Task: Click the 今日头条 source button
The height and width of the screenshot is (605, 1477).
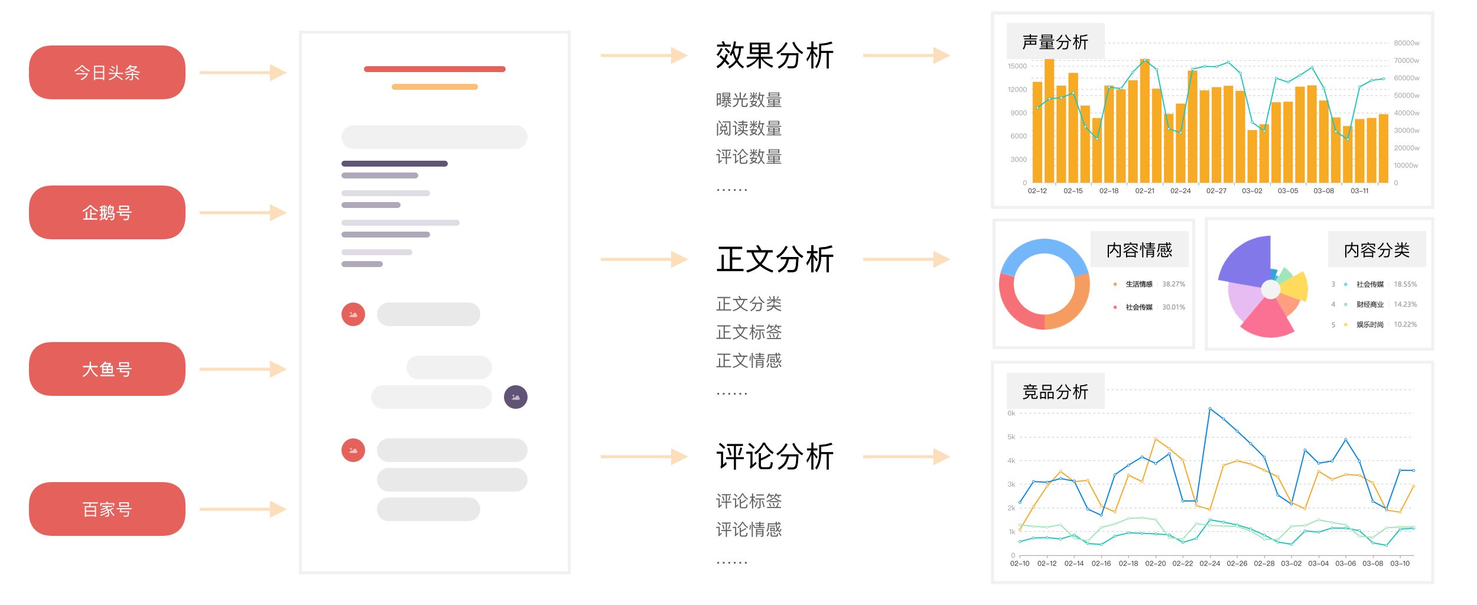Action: (x=107, y=72)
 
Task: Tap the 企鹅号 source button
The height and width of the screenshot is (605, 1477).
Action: (x=107, y=212)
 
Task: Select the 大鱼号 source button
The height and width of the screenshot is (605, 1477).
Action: (x=107, y=369)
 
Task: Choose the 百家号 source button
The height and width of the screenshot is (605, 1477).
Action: (x=107, y=509)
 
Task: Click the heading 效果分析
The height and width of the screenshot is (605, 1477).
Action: (x=775, y=56)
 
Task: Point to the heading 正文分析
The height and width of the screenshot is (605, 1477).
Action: (x=775, y=259)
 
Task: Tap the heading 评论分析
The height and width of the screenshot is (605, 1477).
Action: (x=775, y=457)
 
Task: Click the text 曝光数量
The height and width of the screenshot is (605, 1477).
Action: (x=749, y=100)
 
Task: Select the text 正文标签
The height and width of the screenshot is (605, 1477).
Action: (x=749, y=332)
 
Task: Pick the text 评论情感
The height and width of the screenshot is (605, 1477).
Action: (x=749, y=529)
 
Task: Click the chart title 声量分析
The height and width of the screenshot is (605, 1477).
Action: (x=1055, y=42)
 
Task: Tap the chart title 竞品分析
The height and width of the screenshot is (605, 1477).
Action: (x=1055, y=392)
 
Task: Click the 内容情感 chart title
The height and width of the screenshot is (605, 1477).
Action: (x=1139, y=250)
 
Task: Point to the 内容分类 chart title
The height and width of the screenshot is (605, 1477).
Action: (x=1377, y=250)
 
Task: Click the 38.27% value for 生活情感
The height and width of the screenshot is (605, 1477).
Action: (x=1173, y=284)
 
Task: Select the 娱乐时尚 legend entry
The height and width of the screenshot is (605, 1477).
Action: (x=1369, y=324)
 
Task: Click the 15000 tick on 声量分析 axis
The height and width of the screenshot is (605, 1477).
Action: (x=1017, y=66)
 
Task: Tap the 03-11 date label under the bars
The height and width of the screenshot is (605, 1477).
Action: (x=1359, y=191)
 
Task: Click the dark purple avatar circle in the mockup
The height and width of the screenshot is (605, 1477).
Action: (x=516, y=397)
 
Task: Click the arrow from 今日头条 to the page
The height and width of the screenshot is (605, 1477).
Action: (x=243, y=73)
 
